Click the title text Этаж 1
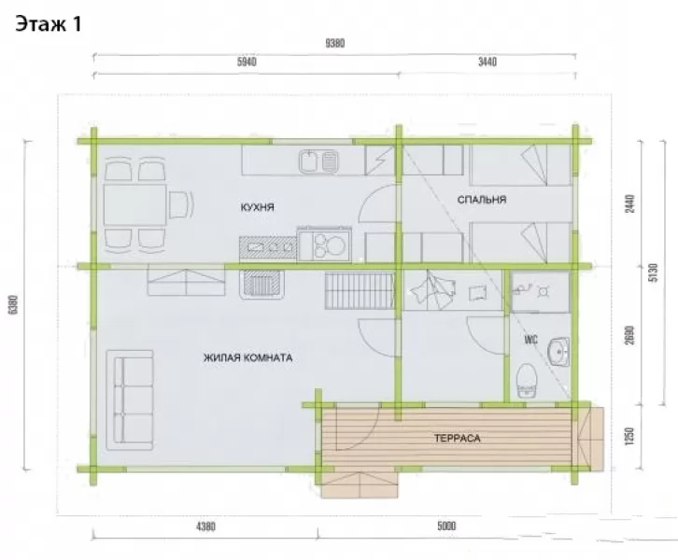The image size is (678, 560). pos(49,24)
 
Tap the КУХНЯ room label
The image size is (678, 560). pos(257,207)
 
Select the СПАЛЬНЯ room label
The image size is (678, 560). pos(482,200)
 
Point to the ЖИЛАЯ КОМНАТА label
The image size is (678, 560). pos(247,357)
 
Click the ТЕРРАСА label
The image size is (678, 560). pos(458,438)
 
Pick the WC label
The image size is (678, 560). pos(531,340)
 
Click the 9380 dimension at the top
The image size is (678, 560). pos(334,44)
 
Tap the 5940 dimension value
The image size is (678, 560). pos(247,62)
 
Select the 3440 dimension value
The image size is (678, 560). pos(487,62)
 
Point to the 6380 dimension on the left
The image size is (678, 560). pos(13,304)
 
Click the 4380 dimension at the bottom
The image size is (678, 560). pos(205,526)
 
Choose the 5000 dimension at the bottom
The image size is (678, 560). pos(446,525)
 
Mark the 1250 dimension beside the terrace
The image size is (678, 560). pos(629,437)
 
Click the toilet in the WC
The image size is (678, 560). pos(527,381)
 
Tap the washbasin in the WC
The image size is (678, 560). pos(558,352)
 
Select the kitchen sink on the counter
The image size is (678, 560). pos(318,161)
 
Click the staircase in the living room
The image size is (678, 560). pos(360,290)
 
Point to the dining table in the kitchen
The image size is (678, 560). pos(134,204)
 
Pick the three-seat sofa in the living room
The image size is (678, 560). pos(130,400)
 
